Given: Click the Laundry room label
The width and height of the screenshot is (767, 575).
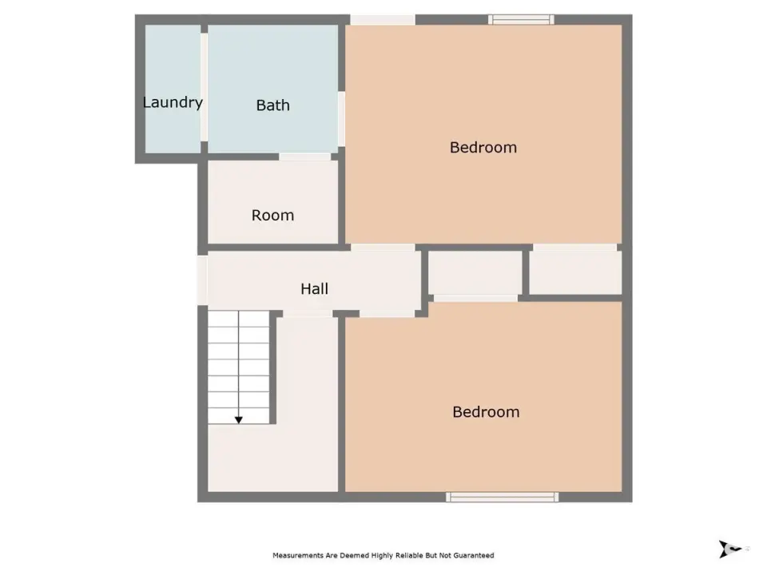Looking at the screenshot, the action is click(173, 103).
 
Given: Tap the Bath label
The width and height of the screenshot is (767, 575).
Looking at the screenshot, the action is click(273, 105).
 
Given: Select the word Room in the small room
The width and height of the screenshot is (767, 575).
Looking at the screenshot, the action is click(273, 215).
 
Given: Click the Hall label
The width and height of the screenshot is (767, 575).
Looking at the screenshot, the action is click(315, 288).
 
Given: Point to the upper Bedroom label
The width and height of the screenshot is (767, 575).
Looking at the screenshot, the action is click(483, 147).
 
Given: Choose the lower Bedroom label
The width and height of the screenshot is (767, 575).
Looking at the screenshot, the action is click(487, 412).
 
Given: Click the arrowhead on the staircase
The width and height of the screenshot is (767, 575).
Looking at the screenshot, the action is click(239, 420).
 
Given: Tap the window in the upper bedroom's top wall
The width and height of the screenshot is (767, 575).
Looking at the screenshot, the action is click(521, 19).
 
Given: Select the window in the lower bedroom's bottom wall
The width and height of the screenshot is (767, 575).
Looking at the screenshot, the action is click(503, 497).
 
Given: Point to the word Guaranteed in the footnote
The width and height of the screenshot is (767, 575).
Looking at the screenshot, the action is click(474, 556).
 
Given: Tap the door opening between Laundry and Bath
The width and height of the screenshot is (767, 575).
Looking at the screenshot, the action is click(204, 87).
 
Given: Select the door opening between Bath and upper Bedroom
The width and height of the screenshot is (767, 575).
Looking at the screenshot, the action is click(341, 119).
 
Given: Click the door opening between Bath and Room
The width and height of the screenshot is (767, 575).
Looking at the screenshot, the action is click(305, 157).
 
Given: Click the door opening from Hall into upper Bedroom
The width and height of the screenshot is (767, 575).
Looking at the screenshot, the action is click(383, 248).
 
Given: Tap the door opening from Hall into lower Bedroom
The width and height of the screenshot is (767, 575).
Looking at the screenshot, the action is click(387, 314).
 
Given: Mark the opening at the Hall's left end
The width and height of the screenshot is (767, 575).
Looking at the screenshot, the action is click(202, 280).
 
